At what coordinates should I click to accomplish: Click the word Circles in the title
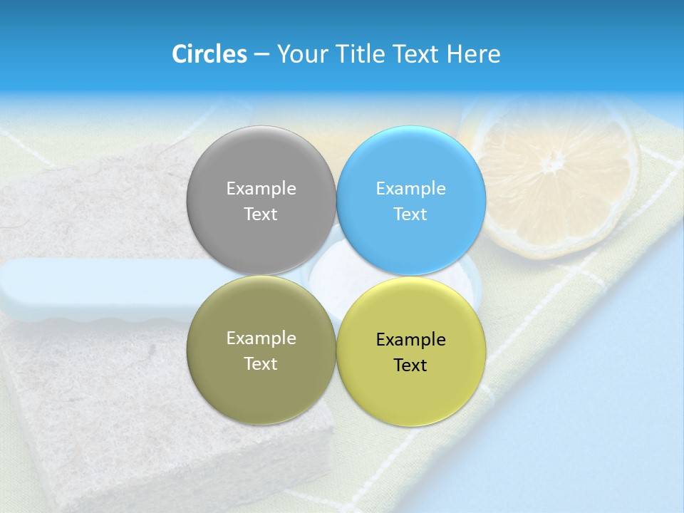[209, 54]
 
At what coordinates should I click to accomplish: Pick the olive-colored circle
[261, 385]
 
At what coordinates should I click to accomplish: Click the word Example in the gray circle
[261, 189]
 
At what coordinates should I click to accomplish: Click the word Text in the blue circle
[410, 214]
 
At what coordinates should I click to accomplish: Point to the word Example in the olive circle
[261, 338]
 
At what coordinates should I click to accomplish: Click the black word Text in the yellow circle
[410, 366]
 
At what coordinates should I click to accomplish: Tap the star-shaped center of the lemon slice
[551, 165]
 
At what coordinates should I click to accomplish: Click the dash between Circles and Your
[261, 55]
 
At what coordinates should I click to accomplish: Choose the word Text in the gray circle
[261, 214]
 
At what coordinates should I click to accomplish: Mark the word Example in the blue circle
[410, 189]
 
